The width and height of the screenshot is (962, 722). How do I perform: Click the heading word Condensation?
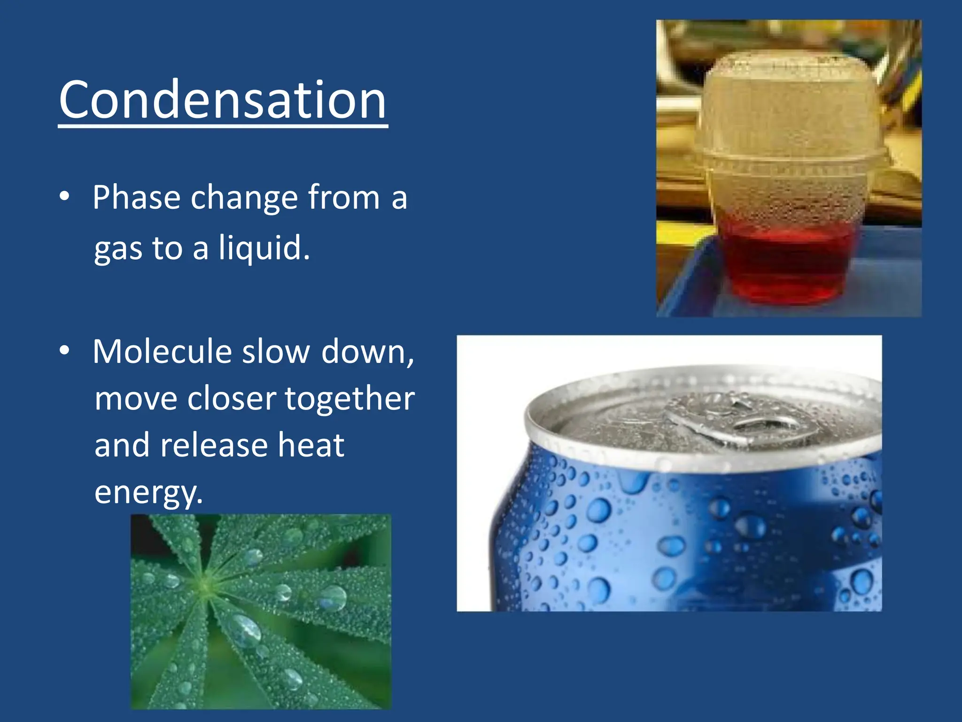pos(223,100)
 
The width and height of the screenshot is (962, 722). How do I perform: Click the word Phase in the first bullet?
pos(136,197)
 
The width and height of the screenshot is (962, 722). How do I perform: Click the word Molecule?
pos(162,352)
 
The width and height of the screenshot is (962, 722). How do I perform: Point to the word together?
pos(349,399)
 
